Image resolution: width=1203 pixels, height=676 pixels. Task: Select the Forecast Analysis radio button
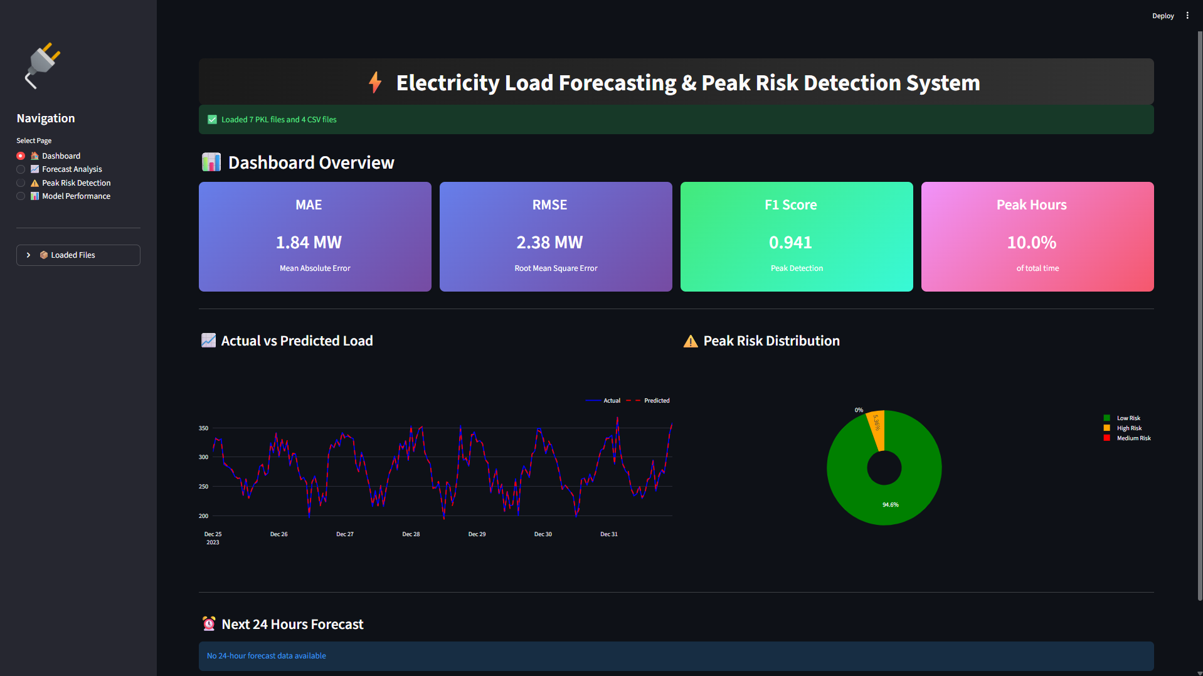point(21,169)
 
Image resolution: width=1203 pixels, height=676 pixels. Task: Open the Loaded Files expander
point(78,255)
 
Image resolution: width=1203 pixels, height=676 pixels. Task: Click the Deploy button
point(1162,16)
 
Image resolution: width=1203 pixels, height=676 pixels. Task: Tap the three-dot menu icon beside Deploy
point(1187,16)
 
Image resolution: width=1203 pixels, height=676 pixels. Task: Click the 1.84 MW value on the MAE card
point(309,243)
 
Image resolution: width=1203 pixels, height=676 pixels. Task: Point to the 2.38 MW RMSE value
point(549,243)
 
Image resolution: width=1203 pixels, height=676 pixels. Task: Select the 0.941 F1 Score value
point(790,243)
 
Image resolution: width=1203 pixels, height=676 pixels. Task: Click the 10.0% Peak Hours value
point(1031,243)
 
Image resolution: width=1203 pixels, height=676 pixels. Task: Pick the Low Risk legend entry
point(1128,418)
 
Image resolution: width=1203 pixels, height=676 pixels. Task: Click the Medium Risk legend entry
point(1133,438)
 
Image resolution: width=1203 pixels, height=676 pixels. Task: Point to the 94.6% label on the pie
point(890,505)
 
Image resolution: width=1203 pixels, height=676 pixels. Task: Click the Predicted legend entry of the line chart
point(656,401)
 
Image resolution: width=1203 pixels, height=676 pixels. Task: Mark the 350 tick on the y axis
point(203,428)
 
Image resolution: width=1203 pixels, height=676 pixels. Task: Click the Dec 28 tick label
point(411,534)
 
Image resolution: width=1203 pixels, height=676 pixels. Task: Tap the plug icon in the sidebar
point(43,65)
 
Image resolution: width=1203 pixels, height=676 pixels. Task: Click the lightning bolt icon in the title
point(375,83)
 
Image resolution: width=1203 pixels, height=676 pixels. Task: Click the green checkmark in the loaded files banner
point(212,120)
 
